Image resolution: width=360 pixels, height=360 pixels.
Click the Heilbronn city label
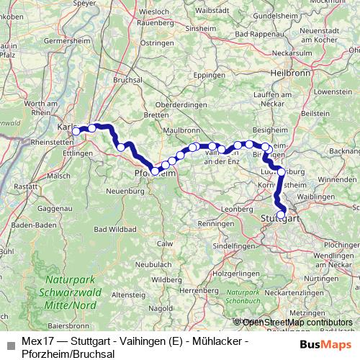click(x=284, y=73)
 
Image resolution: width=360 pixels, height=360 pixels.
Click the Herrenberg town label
click(x=199, y=289)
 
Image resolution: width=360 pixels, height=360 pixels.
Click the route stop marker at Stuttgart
click(x=281, y=213)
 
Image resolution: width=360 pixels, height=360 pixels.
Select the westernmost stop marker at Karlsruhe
click(x=76, y=131)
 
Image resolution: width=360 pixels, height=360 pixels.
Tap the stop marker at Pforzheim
click(x=155, y=171)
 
